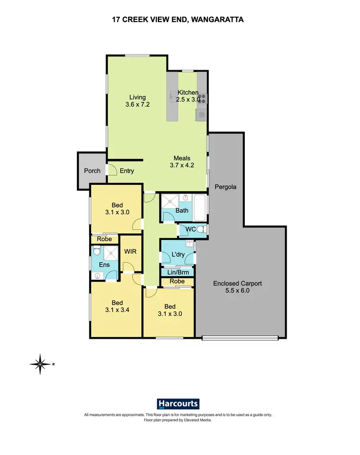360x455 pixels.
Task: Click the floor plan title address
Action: click(x=180, y=19)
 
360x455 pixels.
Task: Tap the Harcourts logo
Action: click(x=178, y=404)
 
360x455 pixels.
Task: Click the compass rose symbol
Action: click(x=41, y=364)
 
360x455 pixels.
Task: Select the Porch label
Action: click(x=92, y=171)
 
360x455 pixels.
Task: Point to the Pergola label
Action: click(x=226, y=186)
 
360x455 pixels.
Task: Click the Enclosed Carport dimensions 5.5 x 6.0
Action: click(x=238, y=291)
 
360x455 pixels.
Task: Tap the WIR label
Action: click(x=131, y=251)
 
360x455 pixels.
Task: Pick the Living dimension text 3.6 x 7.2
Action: click(x=133, y=104)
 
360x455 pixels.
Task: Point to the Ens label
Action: click(x=104, y=265)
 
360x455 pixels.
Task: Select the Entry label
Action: click(x=127, y=171)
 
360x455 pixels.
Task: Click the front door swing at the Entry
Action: click(x=112, y=170)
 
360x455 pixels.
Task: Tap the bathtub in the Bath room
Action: click(x=200, y=206)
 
